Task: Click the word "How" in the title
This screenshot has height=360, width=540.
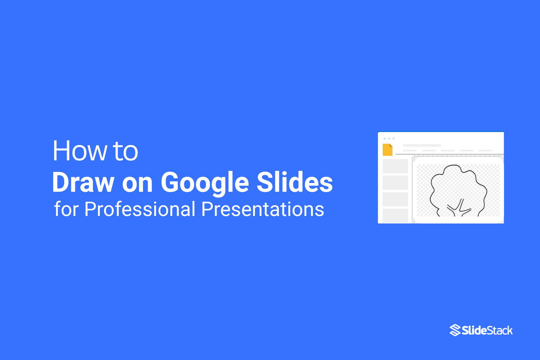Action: pos(80,151)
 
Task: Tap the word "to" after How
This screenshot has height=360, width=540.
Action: pos(125,152)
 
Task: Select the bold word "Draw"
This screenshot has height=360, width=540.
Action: pos(83,182)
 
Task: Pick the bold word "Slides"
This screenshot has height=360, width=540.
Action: pos(295,182)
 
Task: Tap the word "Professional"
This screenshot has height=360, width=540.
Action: pos(140,209)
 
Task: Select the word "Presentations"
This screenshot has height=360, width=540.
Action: pos(262,209)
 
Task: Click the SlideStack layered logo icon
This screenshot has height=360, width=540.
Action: pos(455,330)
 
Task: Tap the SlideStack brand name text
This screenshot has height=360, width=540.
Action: pos(487,331)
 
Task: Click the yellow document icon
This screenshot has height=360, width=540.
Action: pos(387,150)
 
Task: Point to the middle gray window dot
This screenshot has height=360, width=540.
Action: pos(389,138)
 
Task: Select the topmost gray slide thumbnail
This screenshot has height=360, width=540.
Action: pos(395,166)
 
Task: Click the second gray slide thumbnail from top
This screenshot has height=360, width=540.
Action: pos(395,183)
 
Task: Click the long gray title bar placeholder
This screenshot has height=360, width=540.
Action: pos(422,145)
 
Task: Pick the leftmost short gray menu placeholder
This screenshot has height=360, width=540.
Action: pos(410,151)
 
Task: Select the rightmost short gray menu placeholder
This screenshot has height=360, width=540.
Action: pos(485,151)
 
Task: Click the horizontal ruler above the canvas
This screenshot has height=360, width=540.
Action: pos(458,155)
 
